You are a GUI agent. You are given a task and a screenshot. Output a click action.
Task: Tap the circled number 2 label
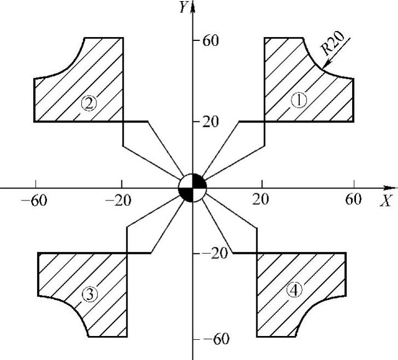[89, 103]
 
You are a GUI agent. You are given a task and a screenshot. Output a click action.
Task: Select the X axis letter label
[387, 201]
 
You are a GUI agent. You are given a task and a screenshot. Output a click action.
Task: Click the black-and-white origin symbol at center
[192, 188]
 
